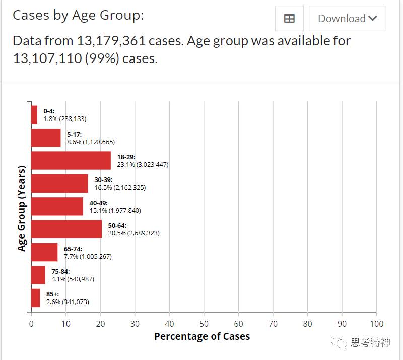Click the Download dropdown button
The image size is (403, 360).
point(347,19)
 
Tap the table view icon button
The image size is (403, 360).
point(289,19)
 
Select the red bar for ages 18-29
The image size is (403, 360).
point(71,160)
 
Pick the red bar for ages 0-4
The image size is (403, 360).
point(34,114)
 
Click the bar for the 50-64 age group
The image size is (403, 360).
point(66,229)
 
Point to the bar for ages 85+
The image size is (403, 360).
point(35,298)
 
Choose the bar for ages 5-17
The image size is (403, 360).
point(46,138)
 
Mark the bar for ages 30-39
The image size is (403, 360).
point(59,184)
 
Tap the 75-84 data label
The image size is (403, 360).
point(73,275)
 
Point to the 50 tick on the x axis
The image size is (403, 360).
point(204,324)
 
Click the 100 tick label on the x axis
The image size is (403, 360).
point(376,324)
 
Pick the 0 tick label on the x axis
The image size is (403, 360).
point(31,324)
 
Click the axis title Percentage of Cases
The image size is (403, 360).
point(202,336)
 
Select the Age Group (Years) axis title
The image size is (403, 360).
point(22,207)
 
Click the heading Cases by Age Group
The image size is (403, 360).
point(78,15)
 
